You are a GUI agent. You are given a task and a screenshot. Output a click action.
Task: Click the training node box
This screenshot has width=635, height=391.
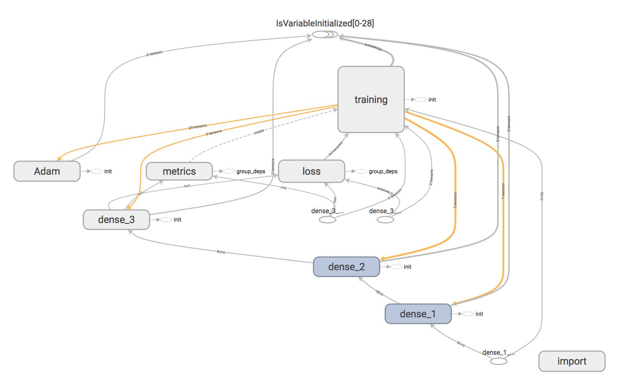[x=371, y=100]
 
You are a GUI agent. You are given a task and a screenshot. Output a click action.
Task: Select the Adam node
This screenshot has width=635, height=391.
[x=47, y=171]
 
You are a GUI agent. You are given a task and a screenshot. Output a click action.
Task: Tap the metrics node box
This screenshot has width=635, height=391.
[x=179, y=171]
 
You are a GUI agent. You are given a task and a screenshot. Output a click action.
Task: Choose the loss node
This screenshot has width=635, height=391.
[x=311, y=171]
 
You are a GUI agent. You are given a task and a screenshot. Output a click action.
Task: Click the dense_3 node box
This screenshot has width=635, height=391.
[x=116, y=220]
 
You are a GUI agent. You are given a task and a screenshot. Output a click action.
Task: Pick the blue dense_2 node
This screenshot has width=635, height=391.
[x=346, y=267]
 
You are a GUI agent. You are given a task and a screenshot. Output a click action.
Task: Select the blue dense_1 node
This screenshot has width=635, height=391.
[x=418, y=314]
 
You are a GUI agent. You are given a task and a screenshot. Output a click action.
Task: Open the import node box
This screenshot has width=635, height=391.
[x=572, y=361]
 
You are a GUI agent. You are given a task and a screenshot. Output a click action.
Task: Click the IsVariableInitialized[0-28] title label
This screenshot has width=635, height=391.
[x=325, y=23]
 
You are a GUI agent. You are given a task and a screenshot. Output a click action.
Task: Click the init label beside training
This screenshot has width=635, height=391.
[x=432, y=100]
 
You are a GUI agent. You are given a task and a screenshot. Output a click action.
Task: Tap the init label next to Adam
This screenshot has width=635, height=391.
[x=108, y=171]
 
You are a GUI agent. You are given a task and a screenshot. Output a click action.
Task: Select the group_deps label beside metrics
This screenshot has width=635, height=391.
[x=251, y=171]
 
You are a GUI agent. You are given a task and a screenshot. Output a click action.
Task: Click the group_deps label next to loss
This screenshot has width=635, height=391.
[x=383, y=171]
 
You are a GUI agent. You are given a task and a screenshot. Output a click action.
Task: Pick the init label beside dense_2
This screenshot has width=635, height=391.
[x=407, y=267]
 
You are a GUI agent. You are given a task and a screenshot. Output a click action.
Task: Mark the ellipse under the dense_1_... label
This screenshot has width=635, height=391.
[x=498, y=361]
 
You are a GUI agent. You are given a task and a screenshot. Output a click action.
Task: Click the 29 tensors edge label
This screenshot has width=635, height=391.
[x=197, y=127]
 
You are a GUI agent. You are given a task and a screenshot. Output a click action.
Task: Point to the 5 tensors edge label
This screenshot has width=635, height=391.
[x=154, y=54]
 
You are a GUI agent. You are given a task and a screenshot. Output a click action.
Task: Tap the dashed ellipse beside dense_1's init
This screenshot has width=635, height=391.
[x=467, y=314]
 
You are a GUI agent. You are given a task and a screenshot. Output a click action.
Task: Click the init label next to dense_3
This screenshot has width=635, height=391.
[x=177, y=220]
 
